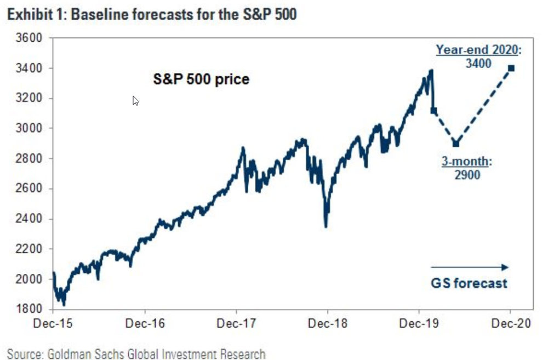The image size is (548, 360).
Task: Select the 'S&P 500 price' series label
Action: pos(201,80)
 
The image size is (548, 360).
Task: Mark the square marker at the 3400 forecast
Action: pos(511,68)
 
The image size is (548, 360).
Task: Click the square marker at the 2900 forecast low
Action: pos(455,144)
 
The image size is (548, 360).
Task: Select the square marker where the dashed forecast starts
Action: pos(434,111)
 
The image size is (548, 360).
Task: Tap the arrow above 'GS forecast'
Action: pos(470,267)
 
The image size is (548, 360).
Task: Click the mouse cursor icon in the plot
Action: pos(135,101)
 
